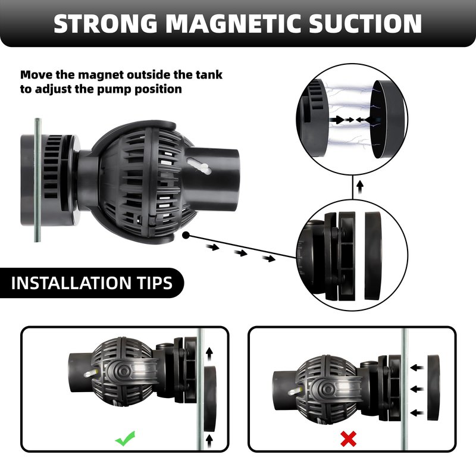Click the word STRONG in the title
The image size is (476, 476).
click(105, 24)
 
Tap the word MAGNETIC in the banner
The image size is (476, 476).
click(233, 24)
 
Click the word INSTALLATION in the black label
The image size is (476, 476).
click(71, 283)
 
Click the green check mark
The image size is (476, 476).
click(125, 439)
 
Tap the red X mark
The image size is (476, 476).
click(348, 439)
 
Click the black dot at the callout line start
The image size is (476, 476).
click(186, 235)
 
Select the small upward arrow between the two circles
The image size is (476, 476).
click(360, 187)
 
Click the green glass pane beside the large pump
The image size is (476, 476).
click(37, 180)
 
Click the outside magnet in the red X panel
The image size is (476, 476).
click(433, 387)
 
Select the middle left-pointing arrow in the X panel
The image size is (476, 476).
click(417, 389)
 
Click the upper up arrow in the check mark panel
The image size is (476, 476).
click(209, 354)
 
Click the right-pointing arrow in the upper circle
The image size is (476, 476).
click(337, 120)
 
